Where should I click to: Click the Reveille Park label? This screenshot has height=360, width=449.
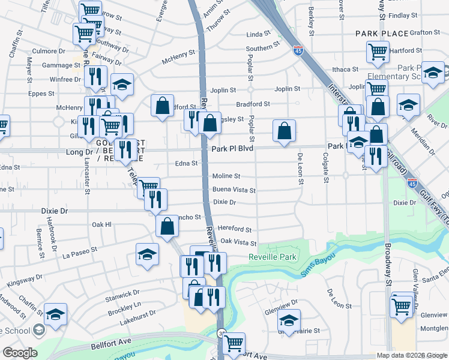[273, 257]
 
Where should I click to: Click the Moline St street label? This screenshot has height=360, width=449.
[226, 176]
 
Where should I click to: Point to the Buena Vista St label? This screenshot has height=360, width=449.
[234, 190]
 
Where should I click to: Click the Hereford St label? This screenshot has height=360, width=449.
[235, 229]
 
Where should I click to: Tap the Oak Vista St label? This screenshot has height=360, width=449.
[238, 242]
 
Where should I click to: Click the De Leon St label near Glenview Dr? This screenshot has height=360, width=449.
[339, 298]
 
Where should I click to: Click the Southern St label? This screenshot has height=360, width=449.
[262, 49]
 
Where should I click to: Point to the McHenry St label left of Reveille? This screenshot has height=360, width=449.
[178, 57]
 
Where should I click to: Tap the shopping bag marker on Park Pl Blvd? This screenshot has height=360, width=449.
[285, 130]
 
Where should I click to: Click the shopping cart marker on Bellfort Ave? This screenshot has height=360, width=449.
[234, 343]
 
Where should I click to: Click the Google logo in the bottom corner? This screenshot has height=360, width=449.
[20, 353]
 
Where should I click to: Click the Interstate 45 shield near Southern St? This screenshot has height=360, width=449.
[297, 52]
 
